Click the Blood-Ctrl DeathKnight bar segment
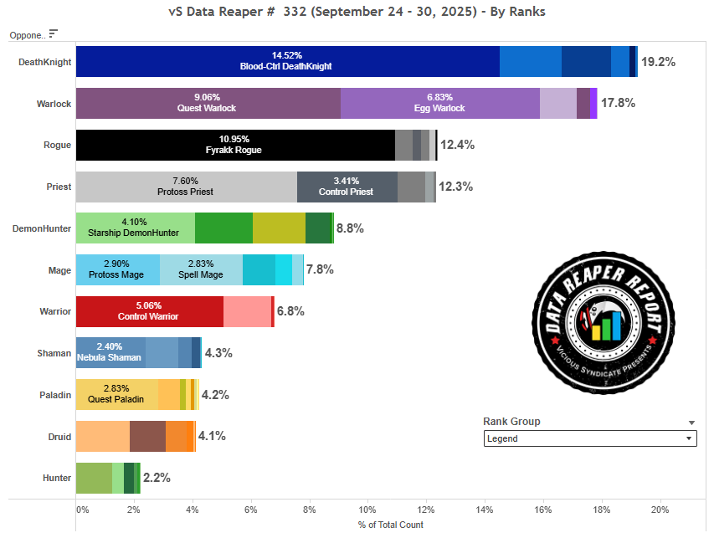[287, 61]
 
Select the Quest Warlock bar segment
[208, 103]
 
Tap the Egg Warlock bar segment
[439, 103]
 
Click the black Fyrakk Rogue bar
[235, 145]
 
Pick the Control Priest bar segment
[347, 187]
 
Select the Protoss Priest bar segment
[186, 187]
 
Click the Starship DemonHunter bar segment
[135, 228]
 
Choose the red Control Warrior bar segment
[149, 311]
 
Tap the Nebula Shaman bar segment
[110, 353]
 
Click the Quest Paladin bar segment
[116, 394]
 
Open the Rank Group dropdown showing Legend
[589, 438]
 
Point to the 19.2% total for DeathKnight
[658, 62]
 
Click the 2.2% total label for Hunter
[157, 478]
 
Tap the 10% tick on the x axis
[367, 510]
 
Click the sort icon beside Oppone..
[54, 33]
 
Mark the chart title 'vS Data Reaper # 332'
[357, 13]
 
